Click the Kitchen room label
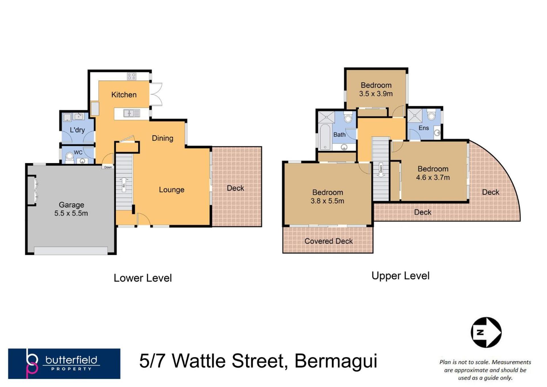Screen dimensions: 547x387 pos(124,95)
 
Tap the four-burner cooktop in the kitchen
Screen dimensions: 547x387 pos(132,76)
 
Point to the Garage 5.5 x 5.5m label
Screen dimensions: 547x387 pos(71,209)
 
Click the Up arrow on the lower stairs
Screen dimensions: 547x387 pos(124,184)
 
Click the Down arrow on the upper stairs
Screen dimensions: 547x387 pos(381,170)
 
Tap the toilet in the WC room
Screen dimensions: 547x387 pos(70,158)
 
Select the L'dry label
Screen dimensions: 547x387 pos(77,130)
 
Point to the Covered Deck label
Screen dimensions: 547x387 pos(328,241)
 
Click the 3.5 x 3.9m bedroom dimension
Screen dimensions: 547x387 pos(376,94)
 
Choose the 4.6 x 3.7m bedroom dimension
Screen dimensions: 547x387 pos(433,178)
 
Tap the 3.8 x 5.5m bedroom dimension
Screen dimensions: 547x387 pos(327,201)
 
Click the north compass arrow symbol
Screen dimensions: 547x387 pos(486,332)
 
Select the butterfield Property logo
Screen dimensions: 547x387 pos(64,364)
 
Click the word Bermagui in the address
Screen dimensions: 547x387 pos(336,361)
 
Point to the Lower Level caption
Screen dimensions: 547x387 pos(143,278)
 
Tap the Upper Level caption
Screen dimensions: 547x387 pos(400,276)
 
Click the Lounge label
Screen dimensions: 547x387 pos(172,190)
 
